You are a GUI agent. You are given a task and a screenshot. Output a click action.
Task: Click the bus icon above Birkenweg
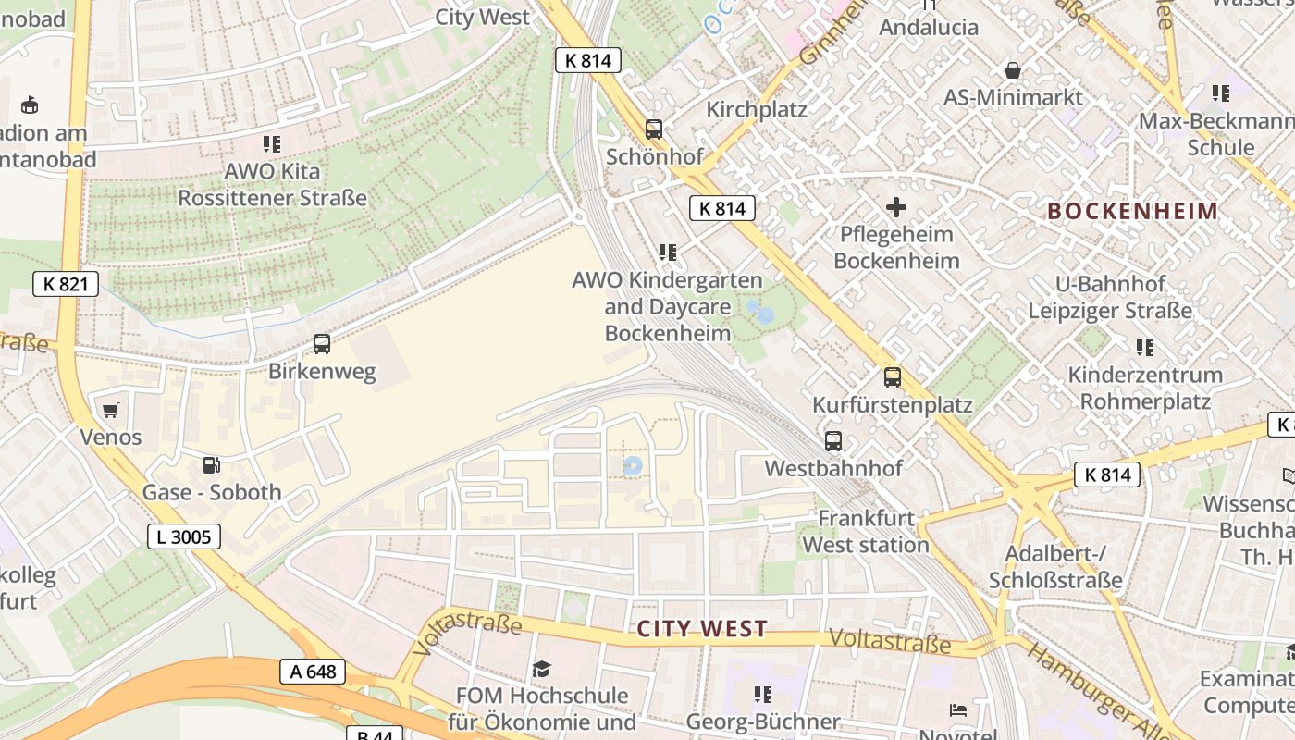pyautogui.click(x=322, y=344)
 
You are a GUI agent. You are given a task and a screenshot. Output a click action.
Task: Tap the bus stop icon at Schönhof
pyautogui.click(x=654, y=129)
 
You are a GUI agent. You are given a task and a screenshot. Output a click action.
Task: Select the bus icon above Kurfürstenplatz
pyautogui.click(x=893, y=377)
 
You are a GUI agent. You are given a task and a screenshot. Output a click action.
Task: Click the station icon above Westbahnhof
pyautogui.click(x=833, y=441)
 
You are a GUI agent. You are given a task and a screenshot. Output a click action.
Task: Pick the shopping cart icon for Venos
pyautogui.click(x=111, y=410)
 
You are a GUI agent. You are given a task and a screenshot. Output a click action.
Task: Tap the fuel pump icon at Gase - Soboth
pyautogui.click(x=212, y=465)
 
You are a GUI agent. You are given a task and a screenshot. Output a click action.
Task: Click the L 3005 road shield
pyautogui.click(x=184, y=536)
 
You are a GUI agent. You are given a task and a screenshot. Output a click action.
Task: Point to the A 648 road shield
pyautogui.click(x=313, y=672)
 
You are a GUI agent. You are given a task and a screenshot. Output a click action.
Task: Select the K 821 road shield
pyautogui.click(x=66, y=284)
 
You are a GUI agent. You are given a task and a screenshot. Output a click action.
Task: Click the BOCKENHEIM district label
pyautogui.click(x=1133, y=211)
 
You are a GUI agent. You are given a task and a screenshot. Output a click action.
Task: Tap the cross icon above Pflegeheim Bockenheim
pyautogui.click(x=896, y=206)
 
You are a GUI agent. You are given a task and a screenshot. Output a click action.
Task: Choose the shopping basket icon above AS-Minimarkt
pyautogui.click(x=1013, y=70)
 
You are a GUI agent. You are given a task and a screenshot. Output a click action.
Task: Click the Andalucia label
pyautogui.click(x=929, y=27)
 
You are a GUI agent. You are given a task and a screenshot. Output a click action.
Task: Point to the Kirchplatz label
pyautogui.click(x=757, y=109)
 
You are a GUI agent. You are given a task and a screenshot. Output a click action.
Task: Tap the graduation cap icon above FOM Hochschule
pyautogui.click(x=542, y=668)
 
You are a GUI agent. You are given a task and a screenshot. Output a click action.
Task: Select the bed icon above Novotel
pyautogui.click(x=958, y=710)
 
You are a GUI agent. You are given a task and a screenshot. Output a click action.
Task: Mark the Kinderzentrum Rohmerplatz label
pyautogui.click(x=1145, y=388)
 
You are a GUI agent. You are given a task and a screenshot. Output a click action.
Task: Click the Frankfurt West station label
pyautogui.click(x=866, y=532)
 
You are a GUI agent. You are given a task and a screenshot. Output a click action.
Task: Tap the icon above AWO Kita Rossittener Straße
pyautogui.click(x=272, y=144)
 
